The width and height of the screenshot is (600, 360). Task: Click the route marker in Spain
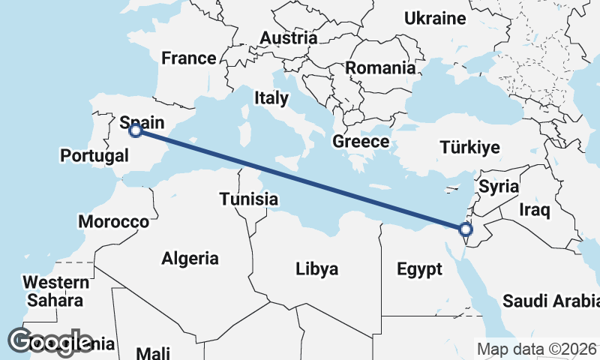136,130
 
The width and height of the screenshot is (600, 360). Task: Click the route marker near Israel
466,229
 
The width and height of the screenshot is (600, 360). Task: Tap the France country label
189,58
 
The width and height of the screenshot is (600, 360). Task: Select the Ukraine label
435,18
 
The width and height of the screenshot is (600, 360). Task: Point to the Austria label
289,37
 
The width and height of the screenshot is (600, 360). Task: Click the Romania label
380,67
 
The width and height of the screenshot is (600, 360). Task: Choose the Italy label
271,97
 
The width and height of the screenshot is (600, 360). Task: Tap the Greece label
361,142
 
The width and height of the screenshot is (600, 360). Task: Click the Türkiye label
470,147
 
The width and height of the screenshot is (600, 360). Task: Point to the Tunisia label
249,199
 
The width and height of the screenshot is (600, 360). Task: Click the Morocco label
113,222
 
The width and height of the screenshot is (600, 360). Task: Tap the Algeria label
190,259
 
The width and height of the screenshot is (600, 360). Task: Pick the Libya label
316,268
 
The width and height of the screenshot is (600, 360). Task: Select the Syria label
499,186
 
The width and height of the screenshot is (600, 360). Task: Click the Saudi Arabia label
551,301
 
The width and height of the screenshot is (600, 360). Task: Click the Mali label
153,352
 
